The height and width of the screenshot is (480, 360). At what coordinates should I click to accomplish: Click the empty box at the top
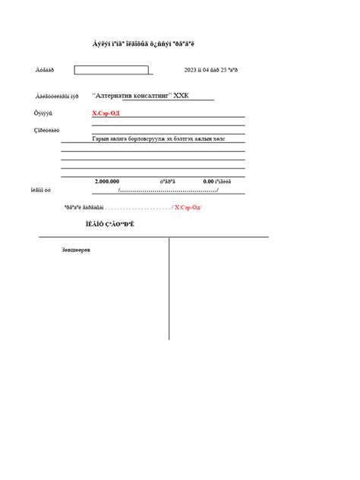point(111,70)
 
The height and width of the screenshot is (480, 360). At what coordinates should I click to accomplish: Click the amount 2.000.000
point(107,182)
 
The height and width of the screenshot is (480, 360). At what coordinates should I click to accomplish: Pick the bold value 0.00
point(209,182)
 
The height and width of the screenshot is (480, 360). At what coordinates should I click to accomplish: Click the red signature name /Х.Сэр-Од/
point(188,207)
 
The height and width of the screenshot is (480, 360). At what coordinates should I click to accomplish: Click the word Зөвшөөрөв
point(76,250)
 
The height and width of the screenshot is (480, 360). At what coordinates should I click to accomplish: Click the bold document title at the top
point(144,44)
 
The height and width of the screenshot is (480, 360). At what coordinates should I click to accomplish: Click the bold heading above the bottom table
point(110,225)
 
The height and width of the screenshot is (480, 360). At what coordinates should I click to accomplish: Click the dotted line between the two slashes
point(169,190)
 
